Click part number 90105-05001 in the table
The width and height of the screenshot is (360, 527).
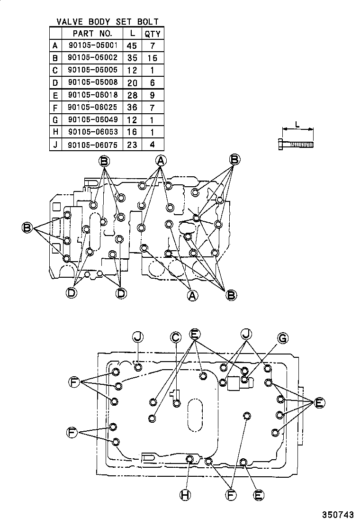click(x=92, y=45)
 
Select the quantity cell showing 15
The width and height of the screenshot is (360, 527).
click(x=153, y=58)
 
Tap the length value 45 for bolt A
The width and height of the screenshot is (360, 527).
click(x=132, y=45)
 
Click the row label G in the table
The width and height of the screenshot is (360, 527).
click(x=55, y=120)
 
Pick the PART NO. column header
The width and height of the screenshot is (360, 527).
click(x=92, y=34)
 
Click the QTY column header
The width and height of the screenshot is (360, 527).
click(x=153, y=34)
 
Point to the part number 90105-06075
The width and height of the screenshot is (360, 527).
click(x=92, y=145)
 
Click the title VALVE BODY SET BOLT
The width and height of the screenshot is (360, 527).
click(x=108, y=22)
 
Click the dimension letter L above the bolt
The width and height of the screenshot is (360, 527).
click(x=297, y=124)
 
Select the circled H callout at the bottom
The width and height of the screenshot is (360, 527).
click(x=185, y=495)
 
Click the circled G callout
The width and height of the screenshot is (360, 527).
click(x=282, y=338)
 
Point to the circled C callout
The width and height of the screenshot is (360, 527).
click(x=175, y=337)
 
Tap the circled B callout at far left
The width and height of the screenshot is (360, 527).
click(x=27, y=228)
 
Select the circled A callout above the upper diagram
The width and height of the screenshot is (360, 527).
click(x=161, y=161)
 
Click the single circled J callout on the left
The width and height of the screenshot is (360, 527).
click(x=137, y=337)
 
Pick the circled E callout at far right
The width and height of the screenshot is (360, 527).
click(x=319, y=403)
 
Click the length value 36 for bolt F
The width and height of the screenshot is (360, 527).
click(x=132, y=108)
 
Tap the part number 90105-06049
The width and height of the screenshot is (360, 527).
click(x=92, y=120)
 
